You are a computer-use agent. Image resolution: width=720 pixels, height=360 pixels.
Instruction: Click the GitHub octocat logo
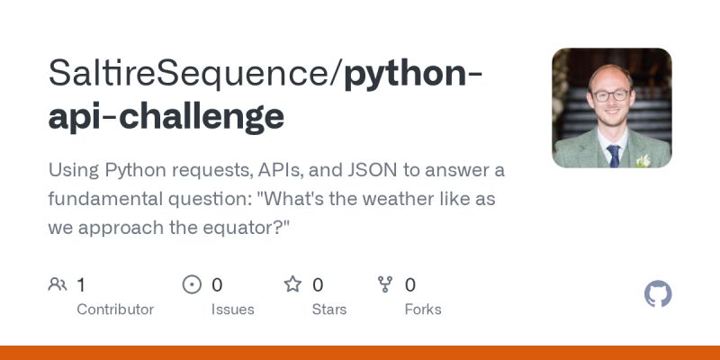pyautogui.click(x=658, y=294)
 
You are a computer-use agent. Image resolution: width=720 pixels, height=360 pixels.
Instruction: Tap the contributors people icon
pyautogui.click(x=57, y=285)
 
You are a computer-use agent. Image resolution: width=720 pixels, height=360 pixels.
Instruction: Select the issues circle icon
pyautogui.click(x=192, y=285)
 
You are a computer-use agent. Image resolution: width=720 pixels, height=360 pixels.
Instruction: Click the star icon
pyautogui.click(x=292, y=285)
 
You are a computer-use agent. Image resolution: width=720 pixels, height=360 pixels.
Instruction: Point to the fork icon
pyautogui.click(x=385, y=285)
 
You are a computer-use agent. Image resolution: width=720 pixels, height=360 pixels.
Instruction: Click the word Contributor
pyautogui.click(x=115, y=310)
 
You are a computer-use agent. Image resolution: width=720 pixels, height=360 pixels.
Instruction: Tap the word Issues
pyautogui.click(x=233, y=310)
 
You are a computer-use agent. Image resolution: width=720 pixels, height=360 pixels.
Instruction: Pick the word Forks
pyautogui.click(x=423, y=310)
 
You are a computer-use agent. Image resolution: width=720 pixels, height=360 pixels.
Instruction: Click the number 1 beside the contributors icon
pyautogui.click(x=81, y=285)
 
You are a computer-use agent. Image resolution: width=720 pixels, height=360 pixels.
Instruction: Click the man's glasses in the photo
pyautogui.click(x=610, y=94)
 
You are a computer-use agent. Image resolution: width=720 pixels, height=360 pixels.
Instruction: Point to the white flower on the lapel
pyautogui.click(x=643, y=160)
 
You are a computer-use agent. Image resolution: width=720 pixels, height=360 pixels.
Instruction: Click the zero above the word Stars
pyautogui.click(x=318, y=285)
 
